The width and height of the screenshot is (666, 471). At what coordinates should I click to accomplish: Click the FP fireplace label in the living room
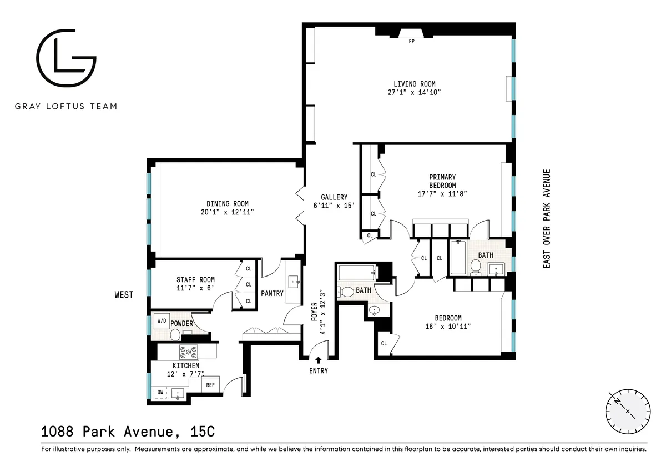[x=411, y=41]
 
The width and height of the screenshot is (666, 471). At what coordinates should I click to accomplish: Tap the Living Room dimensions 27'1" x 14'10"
[x=411, y=93]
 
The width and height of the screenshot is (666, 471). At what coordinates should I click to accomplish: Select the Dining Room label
[x=228, y=203]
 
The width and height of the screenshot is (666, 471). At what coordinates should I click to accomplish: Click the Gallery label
[x=334, y=197]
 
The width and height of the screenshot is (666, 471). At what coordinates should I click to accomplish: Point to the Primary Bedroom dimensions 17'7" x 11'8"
[x=442, y=194]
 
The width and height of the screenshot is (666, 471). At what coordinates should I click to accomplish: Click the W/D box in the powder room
[x=162, y=320]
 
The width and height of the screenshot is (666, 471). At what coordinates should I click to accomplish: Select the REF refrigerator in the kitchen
[x=210, y=384]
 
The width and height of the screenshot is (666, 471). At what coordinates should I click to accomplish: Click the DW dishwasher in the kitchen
[x=160, y=392]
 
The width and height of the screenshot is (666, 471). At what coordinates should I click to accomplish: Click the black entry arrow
[x=318, y=360]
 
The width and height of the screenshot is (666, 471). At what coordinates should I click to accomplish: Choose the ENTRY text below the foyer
[x=318, y=371]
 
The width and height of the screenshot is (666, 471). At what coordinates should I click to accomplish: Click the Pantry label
[x=272, y=293]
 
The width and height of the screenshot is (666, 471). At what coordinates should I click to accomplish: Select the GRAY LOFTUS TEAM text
[x=66, y=106]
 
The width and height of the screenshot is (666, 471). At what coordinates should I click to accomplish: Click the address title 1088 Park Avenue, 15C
[x=128, y=431]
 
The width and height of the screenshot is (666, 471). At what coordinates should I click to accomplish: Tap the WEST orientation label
[x=124, y=295]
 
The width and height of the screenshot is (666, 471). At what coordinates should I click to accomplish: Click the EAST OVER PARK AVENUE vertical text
[x=547, y=219]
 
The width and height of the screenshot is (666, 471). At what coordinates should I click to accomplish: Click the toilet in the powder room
[x=175, y=334]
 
